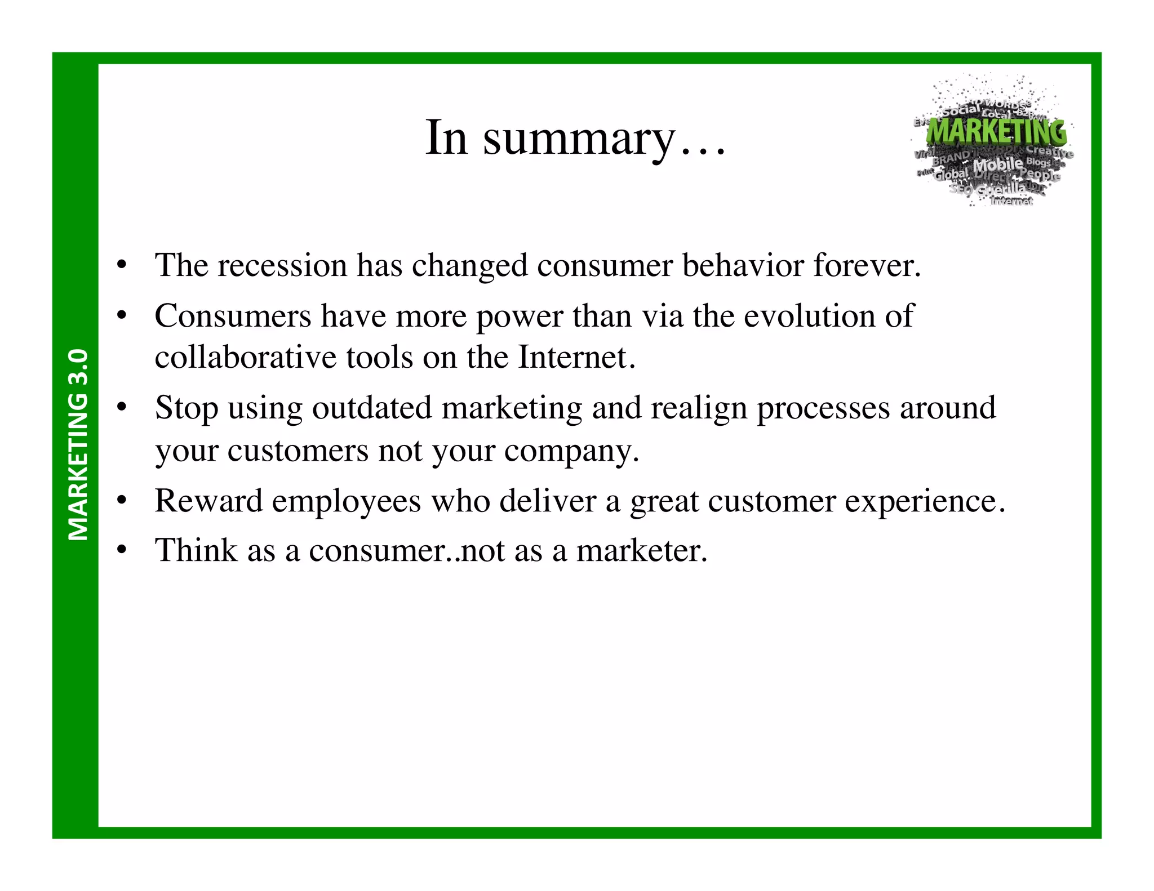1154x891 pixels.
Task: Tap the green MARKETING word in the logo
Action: coord(996,132)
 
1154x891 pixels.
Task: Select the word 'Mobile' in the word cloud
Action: coord(998,165)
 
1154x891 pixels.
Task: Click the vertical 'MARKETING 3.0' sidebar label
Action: coord(78,444)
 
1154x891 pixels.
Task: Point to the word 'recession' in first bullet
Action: coord(282,265)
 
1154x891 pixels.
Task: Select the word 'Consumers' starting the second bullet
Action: coord(233,316)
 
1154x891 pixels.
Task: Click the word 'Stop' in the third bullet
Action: coord(187,408)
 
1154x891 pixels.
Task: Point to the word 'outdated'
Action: coord(372,408)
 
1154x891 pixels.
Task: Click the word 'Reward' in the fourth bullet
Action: coord(208,501)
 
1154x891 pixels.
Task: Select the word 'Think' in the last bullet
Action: coord(196,550)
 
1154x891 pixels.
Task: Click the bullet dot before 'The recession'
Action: coord(122,265)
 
